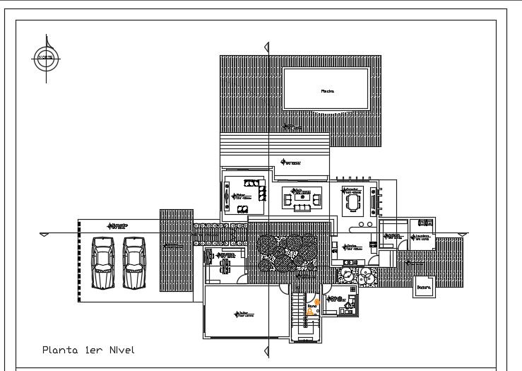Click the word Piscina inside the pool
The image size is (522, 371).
coord(327,90)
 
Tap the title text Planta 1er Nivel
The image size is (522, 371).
coord(88,350)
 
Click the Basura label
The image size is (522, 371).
coord(425,288)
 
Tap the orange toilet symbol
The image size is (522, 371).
coord(309,310)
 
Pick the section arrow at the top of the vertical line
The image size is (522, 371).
coord(266,47)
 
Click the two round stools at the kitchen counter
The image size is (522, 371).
coord(364,225)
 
